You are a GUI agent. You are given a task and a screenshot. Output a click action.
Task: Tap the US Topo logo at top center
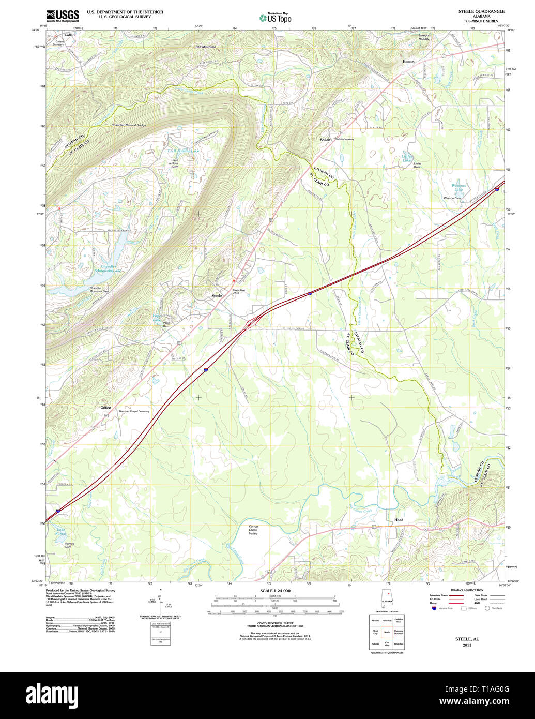(275, 18)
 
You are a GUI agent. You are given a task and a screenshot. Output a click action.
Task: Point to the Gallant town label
(70, 35)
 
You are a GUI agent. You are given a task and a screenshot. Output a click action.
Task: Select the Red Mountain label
(206, 47)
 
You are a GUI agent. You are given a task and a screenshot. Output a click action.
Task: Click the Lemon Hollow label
(424, 37)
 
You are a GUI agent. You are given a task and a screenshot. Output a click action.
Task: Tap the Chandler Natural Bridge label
(129, 125)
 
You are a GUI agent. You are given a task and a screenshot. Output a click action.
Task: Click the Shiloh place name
(325, 140)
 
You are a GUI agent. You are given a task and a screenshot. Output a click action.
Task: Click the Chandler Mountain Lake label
(108, 268)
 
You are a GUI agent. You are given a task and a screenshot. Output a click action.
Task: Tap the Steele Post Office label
(239, 292)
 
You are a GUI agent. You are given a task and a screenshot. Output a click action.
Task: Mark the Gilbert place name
(106, 408)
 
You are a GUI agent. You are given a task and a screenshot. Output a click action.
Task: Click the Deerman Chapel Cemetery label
(134, 411)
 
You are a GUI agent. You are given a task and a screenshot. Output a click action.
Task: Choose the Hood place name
(399, 520)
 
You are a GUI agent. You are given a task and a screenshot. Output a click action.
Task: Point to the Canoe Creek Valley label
(253, 530)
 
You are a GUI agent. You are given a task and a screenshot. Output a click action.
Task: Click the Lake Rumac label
(62, 532)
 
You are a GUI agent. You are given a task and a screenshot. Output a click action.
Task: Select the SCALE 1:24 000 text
(275, 591)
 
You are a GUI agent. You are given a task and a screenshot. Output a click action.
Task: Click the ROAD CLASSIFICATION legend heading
(467, 590)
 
